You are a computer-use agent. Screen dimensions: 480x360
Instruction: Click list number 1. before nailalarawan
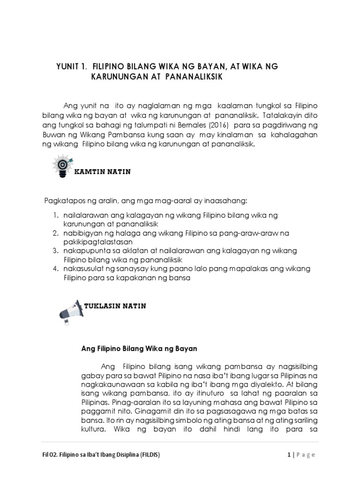(x=55, y=215)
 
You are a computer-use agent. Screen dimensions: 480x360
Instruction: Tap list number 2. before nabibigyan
(x=55, y=233)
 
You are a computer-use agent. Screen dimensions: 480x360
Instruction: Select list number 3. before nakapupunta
(x=55, y=251)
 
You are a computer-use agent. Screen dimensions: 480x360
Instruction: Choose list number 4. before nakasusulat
(x=55, y=269)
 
